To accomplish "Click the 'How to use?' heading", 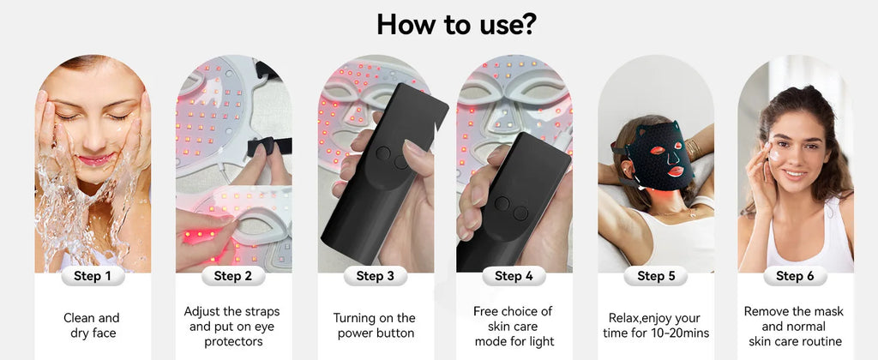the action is pyautogui.click(x=456, y=23).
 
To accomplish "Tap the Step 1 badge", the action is pyautogui.click(x=93, y=275).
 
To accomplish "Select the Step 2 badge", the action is pyautogui.click(x=233, y=275).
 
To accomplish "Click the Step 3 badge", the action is pyautogui.click(x=376, y=275).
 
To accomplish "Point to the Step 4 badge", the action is pyautogui.click(x=514, y=275).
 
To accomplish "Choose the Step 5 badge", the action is pyautogui.click(x=656, y=275).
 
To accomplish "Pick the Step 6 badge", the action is pyautogui.click(x=795, y=275).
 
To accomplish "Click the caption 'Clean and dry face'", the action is pyautogui.click(x=91, y=326).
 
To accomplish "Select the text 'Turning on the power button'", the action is pyautogui.click(x=374, y=326).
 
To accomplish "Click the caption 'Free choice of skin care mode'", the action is pyautogui.click(x=514, y=326).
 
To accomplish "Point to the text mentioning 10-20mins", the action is pyautogui.click(x=656, y=326).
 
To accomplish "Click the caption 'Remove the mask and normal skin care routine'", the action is pyautogui.click(x=795, y=326).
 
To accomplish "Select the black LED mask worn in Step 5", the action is pyautogui.click(x=658, y=159).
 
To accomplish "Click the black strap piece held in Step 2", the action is pyautogui.click(x=270, y=146).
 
